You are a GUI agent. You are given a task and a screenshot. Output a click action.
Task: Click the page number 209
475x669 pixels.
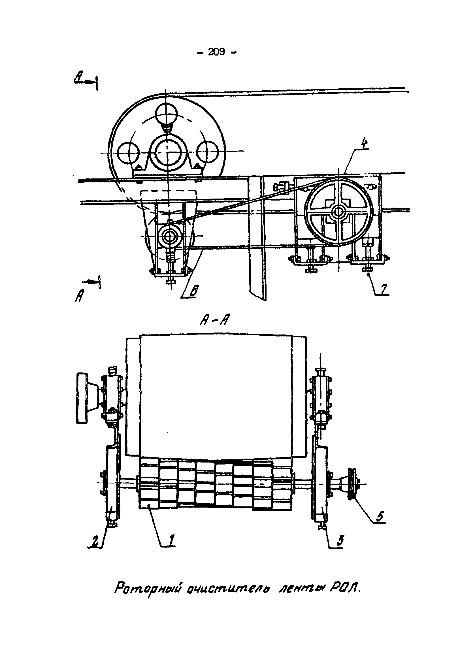point(217,52)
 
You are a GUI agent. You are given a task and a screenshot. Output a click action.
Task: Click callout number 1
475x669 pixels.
point(172,540)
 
